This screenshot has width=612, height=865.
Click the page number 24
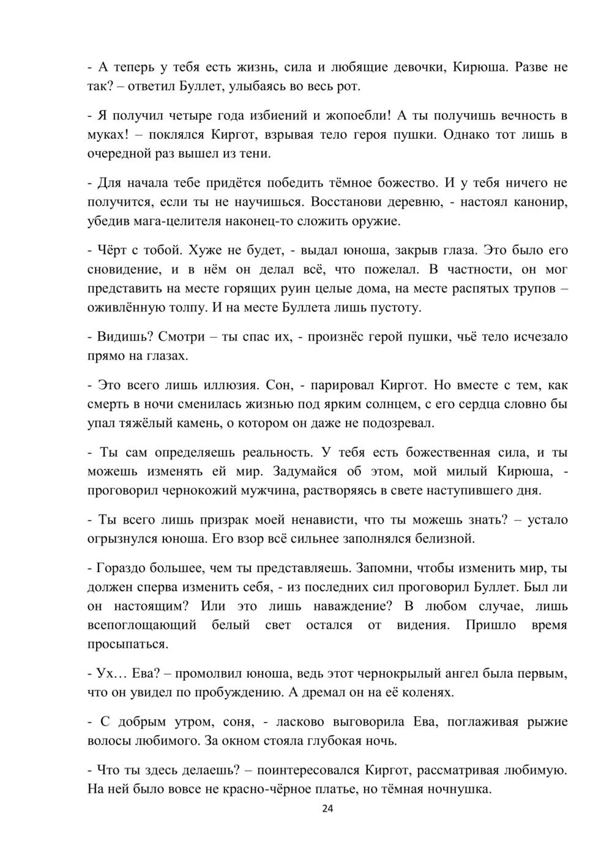coord(327,809)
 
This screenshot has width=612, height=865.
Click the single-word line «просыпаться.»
coord(127,645)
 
